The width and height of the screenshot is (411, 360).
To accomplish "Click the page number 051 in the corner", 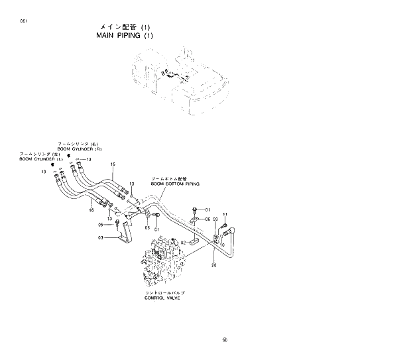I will (24, 23).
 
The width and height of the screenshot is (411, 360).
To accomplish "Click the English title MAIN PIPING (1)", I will (121, 35).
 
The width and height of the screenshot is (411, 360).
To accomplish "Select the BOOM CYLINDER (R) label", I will (78, 149).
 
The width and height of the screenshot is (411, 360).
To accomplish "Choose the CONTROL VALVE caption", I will (162, 298).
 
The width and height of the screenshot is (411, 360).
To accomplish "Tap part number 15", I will (113, 164).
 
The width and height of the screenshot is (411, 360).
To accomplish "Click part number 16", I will (91, 210).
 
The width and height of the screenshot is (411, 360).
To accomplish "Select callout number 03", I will (101, 237).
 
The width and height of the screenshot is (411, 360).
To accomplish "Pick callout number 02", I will (183, 243).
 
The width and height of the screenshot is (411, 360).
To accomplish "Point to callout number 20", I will (213, 265).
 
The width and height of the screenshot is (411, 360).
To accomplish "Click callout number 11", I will (225, 214).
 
